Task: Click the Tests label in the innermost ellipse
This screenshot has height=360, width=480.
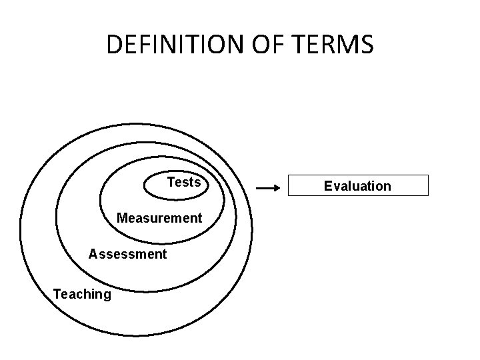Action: [183, 182]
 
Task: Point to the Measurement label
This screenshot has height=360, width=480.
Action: [159, 218]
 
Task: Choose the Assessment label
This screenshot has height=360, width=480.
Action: [127, 254]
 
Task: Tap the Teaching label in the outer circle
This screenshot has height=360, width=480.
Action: [82, 294]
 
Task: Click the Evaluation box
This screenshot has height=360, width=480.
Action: [357, 186]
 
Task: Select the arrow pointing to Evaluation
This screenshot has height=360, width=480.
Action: [267, 189]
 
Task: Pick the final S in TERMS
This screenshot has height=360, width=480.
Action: [367, 45]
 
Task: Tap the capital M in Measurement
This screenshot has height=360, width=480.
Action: [121, 218]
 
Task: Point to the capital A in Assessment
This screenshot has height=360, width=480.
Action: [93, 254]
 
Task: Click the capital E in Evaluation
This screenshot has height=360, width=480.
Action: [327, 186]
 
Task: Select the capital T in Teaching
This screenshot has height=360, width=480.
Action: [57, 294]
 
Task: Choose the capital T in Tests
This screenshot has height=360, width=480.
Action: [171, 182]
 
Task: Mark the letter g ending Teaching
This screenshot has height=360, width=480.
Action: [107, 295]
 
